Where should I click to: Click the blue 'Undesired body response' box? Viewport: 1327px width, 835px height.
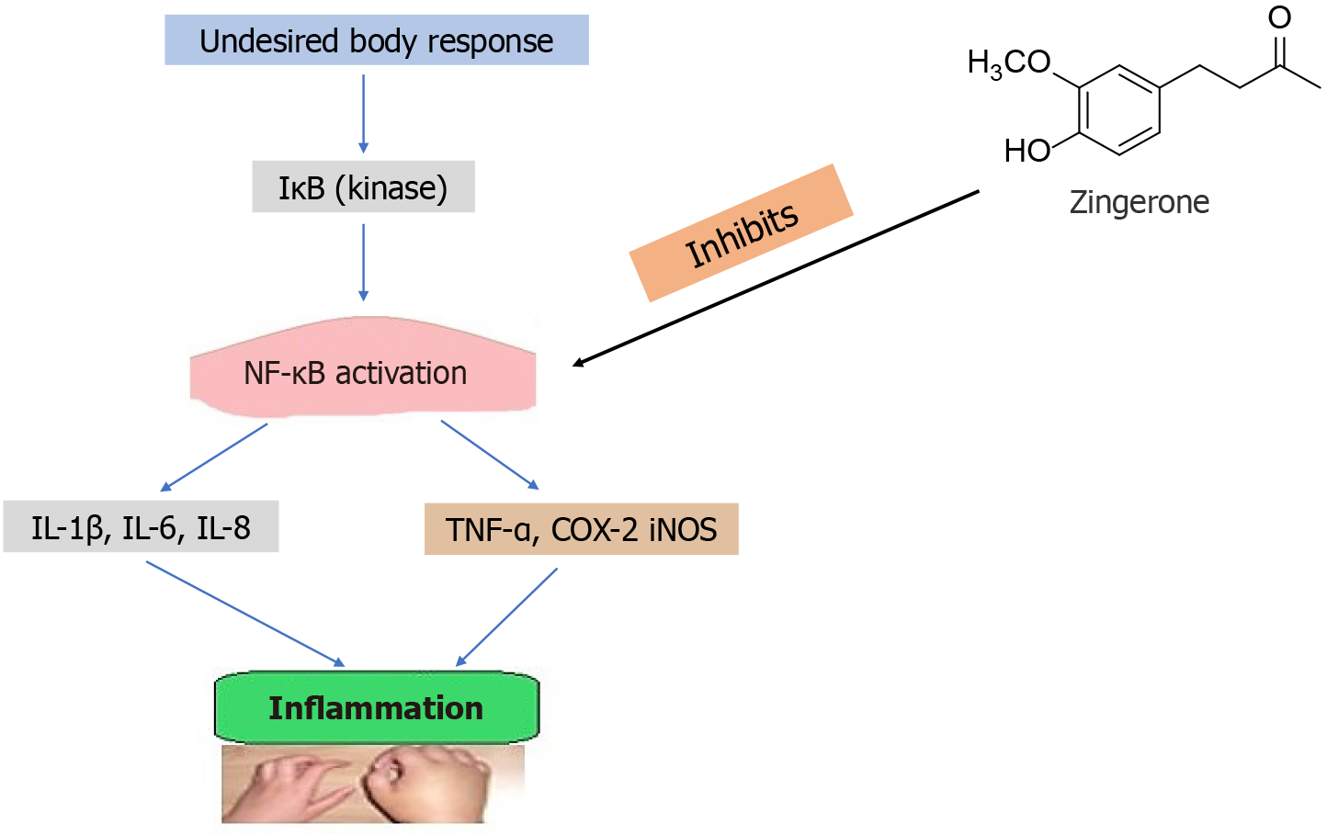click(377, 40)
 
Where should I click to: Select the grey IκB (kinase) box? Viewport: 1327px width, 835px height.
click(363, 187)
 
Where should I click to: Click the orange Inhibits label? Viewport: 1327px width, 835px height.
click(742, 233)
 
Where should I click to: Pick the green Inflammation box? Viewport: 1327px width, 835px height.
click(377, 707)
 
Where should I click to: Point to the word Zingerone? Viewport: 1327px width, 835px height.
click(1139, 202)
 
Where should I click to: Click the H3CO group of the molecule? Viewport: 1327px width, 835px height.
click(1009, 63)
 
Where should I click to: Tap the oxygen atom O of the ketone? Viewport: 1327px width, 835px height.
click(1279, 17)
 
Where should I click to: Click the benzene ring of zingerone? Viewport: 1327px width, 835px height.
click(1119, 109)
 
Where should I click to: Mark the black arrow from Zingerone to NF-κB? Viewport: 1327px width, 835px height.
click(777, 278)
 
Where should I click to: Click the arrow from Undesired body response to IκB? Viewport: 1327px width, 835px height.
click(364, 113)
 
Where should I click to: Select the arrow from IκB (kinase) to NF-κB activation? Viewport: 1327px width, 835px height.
click(364, 262)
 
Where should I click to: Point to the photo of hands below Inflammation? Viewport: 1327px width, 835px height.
click(372, 784)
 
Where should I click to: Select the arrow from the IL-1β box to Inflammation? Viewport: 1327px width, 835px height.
click(244, 613)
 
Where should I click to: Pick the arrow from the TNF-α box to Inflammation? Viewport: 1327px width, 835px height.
click(507, 616)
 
